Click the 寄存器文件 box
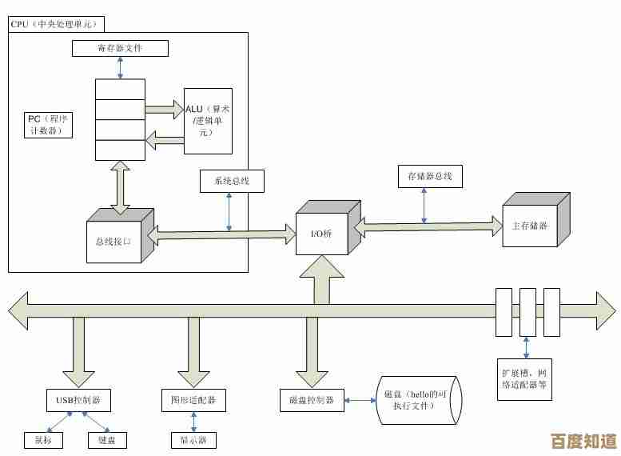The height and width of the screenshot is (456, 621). pos(120,48)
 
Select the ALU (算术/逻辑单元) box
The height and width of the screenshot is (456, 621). pos(208,121)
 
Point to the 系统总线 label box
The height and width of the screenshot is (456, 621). pos(231,182)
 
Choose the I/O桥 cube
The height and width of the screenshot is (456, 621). pos(322,233)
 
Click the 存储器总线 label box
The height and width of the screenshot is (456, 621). pos(429,176)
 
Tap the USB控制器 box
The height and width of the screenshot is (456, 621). pos(78,400)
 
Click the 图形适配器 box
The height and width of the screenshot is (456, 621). pos(193,400)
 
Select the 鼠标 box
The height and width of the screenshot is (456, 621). pos(43,440)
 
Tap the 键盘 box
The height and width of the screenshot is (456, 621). pos(107,440)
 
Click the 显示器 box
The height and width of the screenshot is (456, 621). pos(193,440)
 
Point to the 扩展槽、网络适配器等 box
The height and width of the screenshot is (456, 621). pos(524,378)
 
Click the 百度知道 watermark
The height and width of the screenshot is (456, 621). pos(584,441)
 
